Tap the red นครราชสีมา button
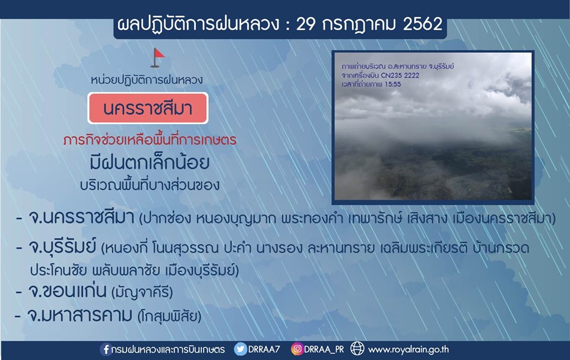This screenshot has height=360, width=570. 148,108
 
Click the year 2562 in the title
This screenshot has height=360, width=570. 422,24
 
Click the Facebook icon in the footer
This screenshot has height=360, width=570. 106,349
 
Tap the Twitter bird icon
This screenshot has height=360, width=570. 240,349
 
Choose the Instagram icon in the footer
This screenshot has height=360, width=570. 297,349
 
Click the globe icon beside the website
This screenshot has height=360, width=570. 357,349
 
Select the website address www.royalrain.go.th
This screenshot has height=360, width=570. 408,350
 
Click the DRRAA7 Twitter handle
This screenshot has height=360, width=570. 264,349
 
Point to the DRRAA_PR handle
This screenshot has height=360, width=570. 324,349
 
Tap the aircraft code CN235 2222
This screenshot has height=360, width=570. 400,75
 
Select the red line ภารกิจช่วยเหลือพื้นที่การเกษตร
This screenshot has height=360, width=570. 150,140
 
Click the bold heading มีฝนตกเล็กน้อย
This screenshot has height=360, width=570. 150,162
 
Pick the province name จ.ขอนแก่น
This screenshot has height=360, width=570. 68,291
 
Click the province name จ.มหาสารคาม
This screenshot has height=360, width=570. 80,315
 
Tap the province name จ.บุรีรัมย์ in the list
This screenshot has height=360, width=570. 62,248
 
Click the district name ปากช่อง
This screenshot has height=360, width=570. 167,219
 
